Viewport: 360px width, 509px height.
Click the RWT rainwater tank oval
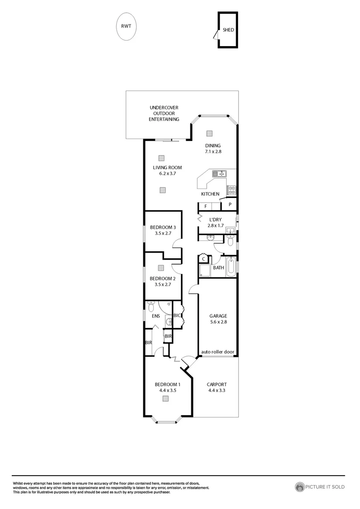(x=126, y=27)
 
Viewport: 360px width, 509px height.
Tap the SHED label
(x=229, y=30)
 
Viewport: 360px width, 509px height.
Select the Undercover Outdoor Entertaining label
(x=164, y=114)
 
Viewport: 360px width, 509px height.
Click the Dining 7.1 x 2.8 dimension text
(x=213, y=152)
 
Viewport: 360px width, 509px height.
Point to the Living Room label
(x=167, y=167)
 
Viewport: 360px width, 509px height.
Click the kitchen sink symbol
(x=219, y=173)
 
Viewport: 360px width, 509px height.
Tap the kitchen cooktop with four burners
(x=231, y=190)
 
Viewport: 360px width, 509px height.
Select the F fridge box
(x=205, y=206)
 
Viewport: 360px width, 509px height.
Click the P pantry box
(x=229, y=205)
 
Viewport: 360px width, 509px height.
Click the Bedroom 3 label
(x=159, y=227)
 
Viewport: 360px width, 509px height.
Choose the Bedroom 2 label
(x=159, y=279)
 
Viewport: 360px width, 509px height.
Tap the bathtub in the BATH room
(x=230, y=267)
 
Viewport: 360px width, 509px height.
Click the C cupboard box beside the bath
(x=203, y=259)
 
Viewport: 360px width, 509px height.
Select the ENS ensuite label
(x=156, y=316)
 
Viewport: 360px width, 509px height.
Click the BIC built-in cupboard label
(x=177, y=315)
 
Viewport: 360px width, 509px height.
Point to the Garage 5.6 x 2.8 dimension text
(x=218, y=322)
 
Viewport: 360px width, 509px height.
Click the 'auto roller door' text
(x=217, y=352)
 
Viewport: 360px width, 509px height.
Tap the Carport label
(x=217, y=384)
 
